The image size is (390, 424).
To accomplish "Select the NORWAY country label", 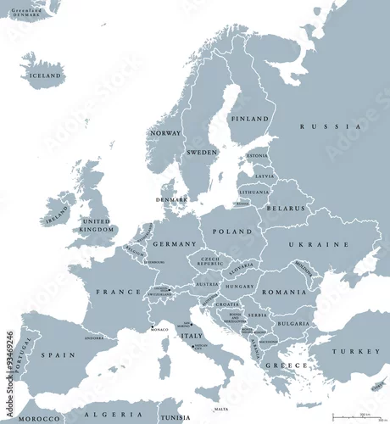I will coord(164,133).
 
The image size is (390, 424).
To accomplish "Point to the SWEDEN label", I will coord(201,152).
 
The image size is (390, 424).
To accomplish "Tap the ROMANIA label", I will coord(283,292).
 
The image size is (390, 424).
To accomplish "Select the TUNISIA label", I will coord(175,418).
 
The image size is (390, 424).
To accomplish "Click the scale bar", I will coord(355,416).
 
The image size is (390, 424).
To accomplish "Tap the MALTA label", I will coord(221,409).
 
